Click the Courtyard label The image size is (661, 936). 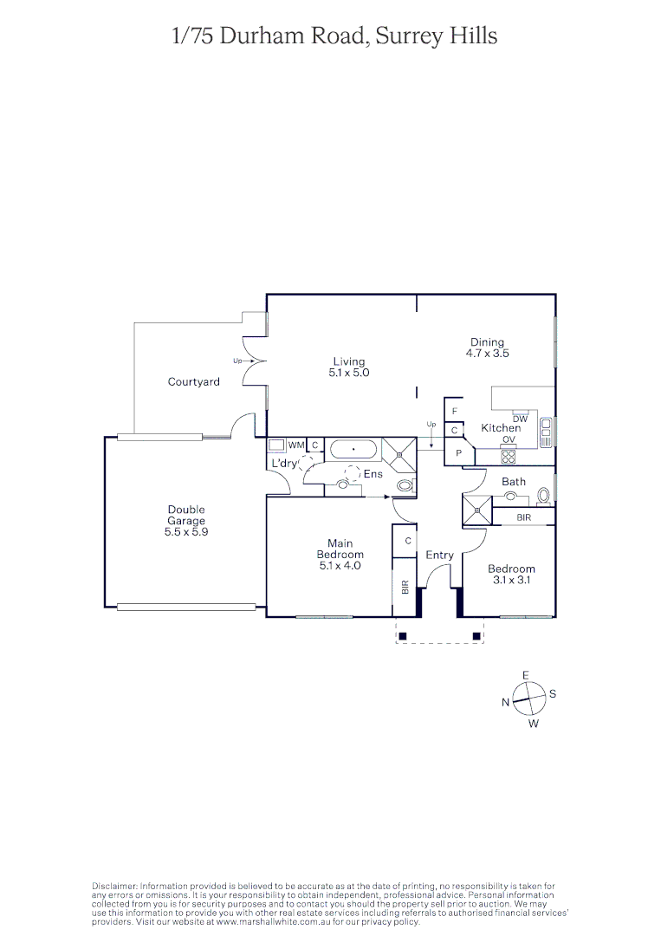[193, 381]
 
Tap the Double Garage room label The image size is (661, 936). [186, 515]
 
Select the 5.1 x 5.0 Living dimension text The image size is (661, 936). [349, 373]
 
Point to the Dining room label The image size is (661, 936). [487, 342]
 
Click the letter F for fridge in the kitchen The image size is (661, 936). [455, 411]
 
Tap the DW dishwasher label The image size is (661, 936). [520, 419]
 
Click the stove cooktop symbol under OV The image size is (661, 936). [509, 457]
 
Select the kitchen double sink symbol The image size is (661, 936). [546, 432]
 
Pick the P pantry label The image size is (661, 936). [459, 453]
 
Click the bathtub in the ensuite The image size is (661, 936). [353, 449]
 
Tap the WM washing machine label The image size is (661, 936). [296, 445]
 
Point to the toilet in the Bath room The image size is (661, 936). [543, 495]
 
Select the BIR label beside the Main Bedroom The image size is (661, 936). [405, 587]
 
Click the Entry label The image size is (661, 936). [439, 555]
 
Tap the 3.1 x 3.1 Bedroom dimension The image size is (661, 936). [510, 580]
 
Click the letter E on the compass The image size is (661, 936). [525, 674]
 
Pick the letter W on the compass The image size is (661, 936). [534, 724]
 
